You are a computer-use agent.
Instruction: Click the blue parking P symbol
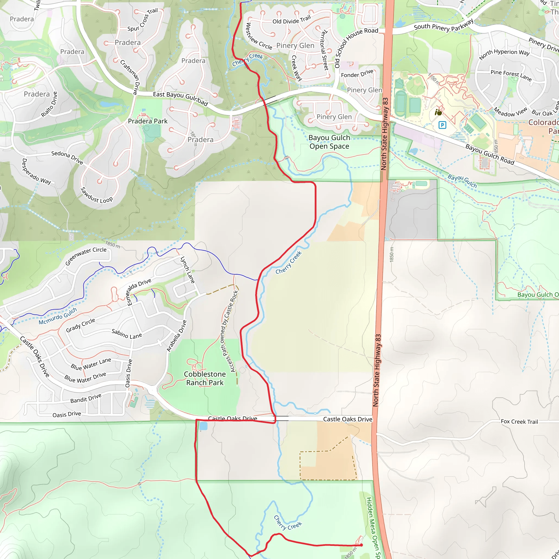[442, 125]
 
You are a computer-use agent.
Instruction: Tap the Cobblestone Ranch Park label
[205, 379]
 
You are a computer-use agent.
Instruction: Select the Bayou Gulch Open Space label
[329, 142]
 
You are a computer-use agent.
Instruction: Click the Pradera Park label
[148, 121]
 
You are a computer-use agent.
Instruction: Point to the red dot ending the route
[361, 545]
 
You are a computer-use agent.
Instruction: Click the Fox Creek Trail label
[519, 421]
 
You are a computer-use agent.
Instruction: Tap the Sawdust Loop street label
[96, 195]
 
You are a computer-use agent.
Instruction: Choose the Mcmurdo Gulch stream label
[58, 316]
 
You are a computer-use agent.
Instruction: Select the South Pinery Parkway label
[444, 25]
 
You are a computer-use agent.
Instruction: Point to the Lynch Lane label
[188, 270]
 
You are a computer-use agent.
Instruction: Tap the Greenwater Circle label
[86, 256]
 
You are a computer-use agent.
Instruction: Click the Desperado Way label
[37, 172]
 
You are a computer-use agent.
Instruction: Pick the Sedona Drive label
[67, 157]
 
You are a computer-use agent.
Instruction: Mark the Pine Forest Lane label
[511, 75]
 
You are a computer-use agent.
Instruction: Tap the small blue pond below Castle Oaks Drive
[203, 426]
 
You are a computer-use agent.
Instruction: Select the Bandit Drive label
[86, 398]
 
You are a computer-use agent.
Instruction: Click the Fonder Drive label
[357, 73]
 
